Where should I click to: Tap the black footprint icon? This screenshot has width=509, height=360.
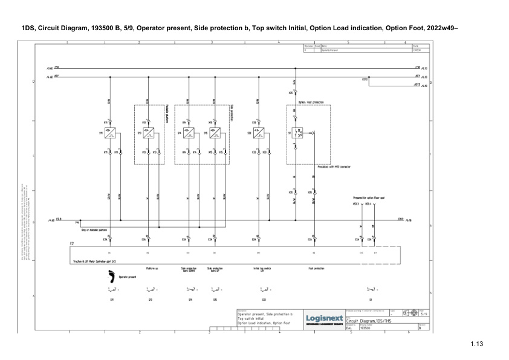111,277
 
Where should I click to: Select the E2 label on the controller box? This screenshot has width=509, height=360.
73,243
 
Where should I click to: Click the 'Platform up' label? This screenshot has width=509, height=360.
152,268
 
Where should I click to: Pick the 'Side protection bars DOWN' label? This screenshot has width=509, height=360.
189,269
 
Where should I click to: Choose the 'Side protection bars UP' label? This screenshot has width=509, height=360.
215,269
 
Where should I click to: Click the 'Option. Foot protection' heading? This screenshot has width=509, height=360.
311,103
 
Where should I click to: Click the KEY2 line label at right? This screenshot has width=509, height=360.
417,84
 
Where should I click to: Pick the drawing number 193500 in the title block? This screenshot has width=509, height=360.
365,329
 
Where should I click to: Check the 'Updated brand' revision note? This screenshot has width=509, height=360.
330,50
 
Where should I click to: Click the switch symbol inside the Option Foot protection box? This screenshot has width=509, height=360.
298,133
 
